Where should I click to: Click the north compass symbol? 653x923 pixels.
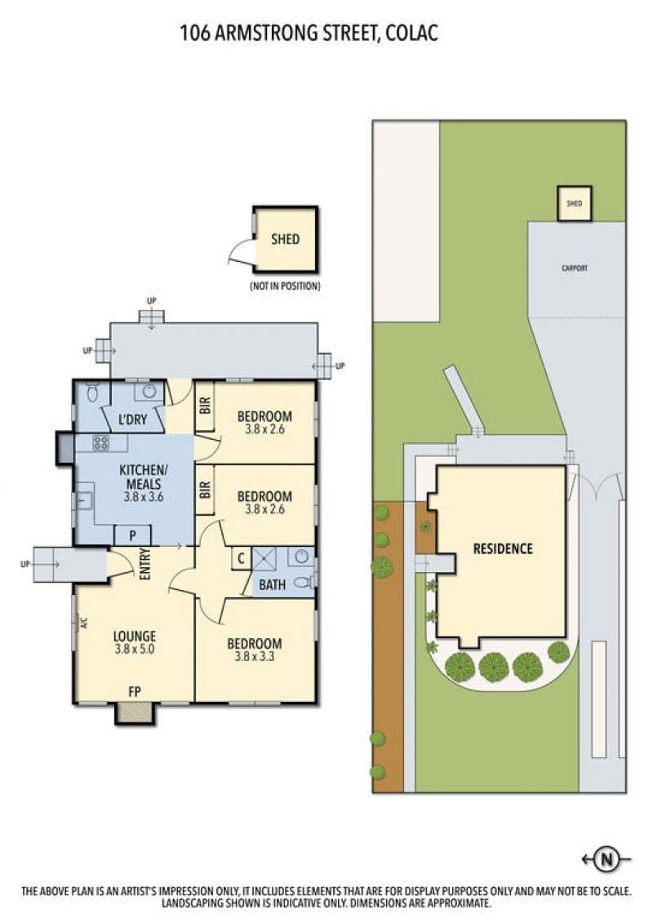coord(606,860)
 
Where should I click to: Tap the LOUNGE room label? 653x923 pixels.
coord(134,637)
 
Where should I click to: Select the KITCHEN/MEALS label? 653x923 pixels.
coord(143,477)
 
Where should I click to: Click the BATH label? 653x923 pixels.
coord(272,585)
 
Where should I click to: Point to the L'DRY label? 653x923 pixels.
coord(132,419)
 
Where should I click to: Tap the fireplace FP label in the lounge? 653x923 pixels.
coord(134,692)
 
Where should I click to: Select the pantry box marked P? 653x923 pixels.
coord(132,535)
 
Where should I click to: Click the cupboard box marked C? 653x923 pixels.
coord(242,558)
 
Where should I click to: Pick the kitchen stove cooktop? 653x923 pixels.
coord(100,442)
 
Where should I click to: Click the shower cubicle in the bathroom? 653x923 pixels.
coord(264,558)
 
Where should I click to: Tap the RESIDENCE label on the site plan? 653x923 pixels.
coord(503,548)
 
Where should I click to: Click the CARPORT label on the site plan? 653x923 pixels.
coord(574,268)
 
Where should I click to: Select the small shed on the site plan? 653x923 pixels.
coord(574,204)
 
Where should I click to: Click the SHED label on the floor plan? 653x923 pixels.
coord(285,239)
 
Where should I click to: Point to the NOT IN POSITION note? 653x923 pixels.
coord(286,286)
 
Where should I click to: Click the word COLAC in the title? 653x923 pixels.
coord(411,33)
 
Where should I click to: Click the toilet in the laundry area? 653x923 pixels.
coord(92,391)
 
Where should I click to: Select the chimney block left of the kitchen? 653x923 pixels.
coord(64,449)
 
